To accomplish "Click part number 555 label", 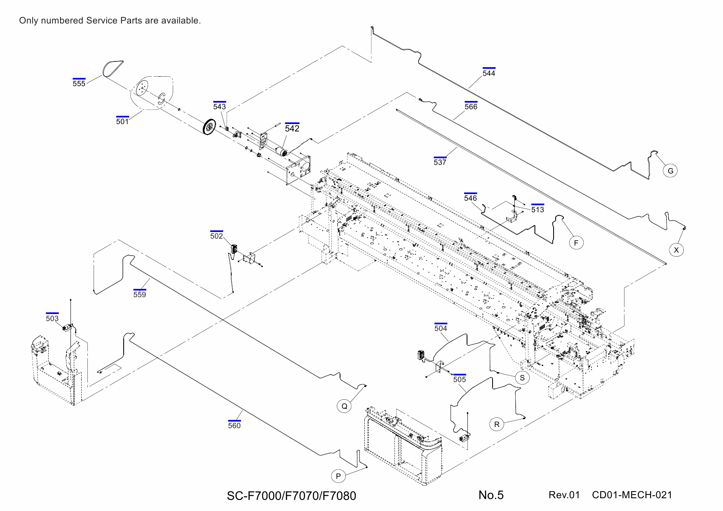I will tap(79, 84).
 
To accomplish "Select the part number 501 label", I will tap(122, 122).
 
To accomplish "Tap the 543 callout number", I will tap(219, 107).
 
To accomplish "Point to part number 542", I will tap(292, 129).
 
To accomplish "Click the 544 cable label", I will tap(489, 73).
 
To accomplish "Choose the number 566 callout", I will tap(471, 107).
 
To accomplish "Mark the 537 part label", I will tap(440, 162).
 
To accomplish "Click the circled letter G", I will tap(670, 171).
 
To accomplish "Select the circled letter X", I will tap(676, 250).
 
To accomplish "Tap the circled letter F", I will tap(576, 243).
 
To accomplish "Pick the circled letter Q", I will tap(344, 406).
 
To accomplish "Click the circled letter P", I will tap(338, 476).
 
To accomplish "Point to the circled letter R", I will tap(497, 424).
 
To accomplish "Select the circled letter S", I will tap(522, 378).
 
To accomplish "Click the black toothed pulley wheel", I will tap(210, 127).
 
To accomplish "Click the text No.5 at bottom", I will tap(491, 495).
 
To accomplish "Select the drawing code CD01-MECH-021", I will tap(631, 495).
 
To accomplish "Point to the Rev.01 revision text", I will tap(564, 495).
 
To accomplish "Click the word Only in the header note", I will tap(28, 21).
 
